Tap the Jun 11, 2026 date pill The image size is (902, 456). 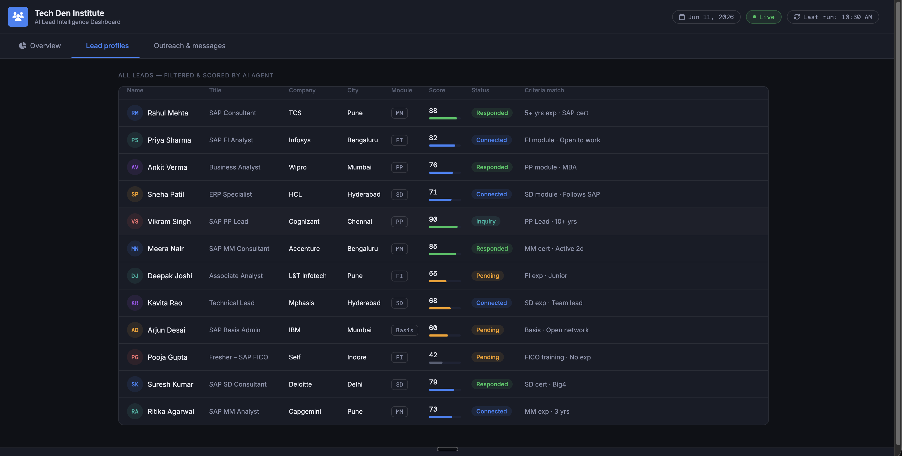point(706,17)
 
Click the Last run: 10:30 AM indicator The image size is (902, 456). point(833,17)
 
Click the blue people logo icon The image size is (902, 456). point(18,16)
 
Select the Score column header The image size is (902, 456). point(437,90)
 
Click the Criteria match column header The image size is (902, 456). point(544,90)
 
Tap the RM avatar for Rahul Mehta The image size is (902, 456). point(135,113)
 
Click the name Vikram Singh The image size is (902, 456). point(169,222)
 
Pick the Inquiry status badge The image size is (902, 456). point(486,222)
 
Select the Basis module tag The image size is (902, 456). point(404,330)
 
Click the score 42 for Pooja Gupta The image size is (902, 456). point(433,355)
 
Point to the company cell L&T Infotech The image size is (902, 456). point(307,276)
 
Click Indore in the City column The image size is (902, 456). point(357,357)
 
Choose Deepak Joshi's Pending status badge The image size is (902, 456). point(487,276)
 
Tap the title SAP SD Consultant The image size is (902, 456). point(238,384)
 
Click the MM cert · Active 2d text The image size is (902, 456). point(554,249)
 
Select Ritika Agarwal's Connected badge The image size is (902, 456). point(491,412)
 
